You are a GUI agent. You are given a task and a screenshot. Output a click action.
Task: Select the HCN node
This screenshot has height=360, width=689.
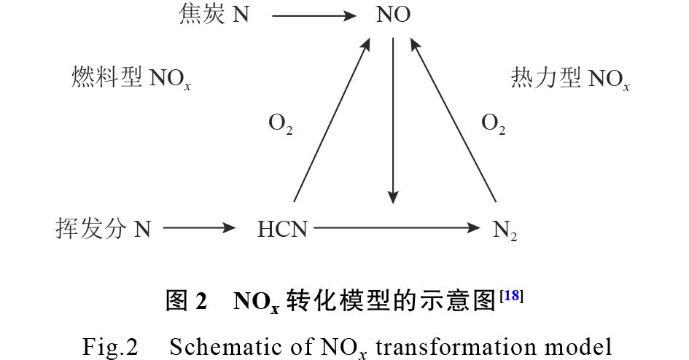point(282,230)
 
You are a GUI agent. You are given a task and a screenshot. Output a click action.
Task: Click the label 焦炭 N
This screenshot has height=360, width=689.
point(214,14)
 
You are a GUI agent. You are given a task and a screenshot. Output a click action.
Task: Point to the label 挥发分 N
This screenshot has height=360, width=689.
point(103,230)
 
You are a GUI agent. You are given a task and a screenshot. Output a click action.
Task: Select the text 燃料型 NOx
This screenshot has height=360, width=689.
point(131,79)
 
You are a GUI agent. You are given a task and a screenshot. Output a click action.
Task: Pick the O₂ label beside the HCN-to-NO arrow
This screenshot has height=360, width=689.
point(281,125)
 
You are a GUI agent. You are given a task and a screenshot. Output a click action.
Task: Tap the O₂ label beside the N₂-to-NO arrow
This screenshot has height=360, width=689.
point(494,125)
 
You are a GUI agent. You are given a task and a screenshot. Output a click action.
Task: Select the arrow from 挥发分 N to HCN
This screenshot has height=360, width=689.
point(201,230)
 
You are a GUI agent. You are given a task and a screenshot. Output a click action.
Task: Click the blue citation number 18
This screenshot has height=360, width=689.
point(512,296)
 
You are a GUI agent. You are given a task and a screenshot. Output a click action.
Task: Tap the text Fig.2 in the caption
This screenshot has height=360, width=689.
point(110,346)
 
